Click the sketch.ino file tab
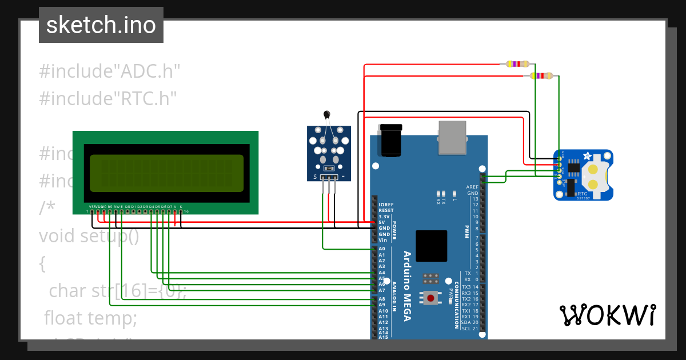[101, 25]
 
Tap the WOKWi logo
[607, 315]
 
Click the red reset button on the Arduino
[429, 297]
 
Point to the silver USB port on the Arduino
[452, 137]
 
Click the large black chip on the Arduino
[432, 246]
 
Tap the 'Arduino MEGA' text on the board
[407, 286]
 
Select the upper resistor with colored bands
[517, 64]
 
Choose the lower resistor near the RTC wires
[541, 75]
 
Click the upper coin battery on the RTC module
[595, 169]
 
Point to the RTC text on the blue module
[583, 194]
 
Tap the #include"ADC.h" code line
[110, 71]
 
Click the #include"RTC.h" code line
[107, 98]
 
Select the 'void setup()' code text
[89, 236]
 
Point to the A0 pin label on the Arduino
[382, 249]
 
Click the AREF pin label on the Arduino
[472, 187]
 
